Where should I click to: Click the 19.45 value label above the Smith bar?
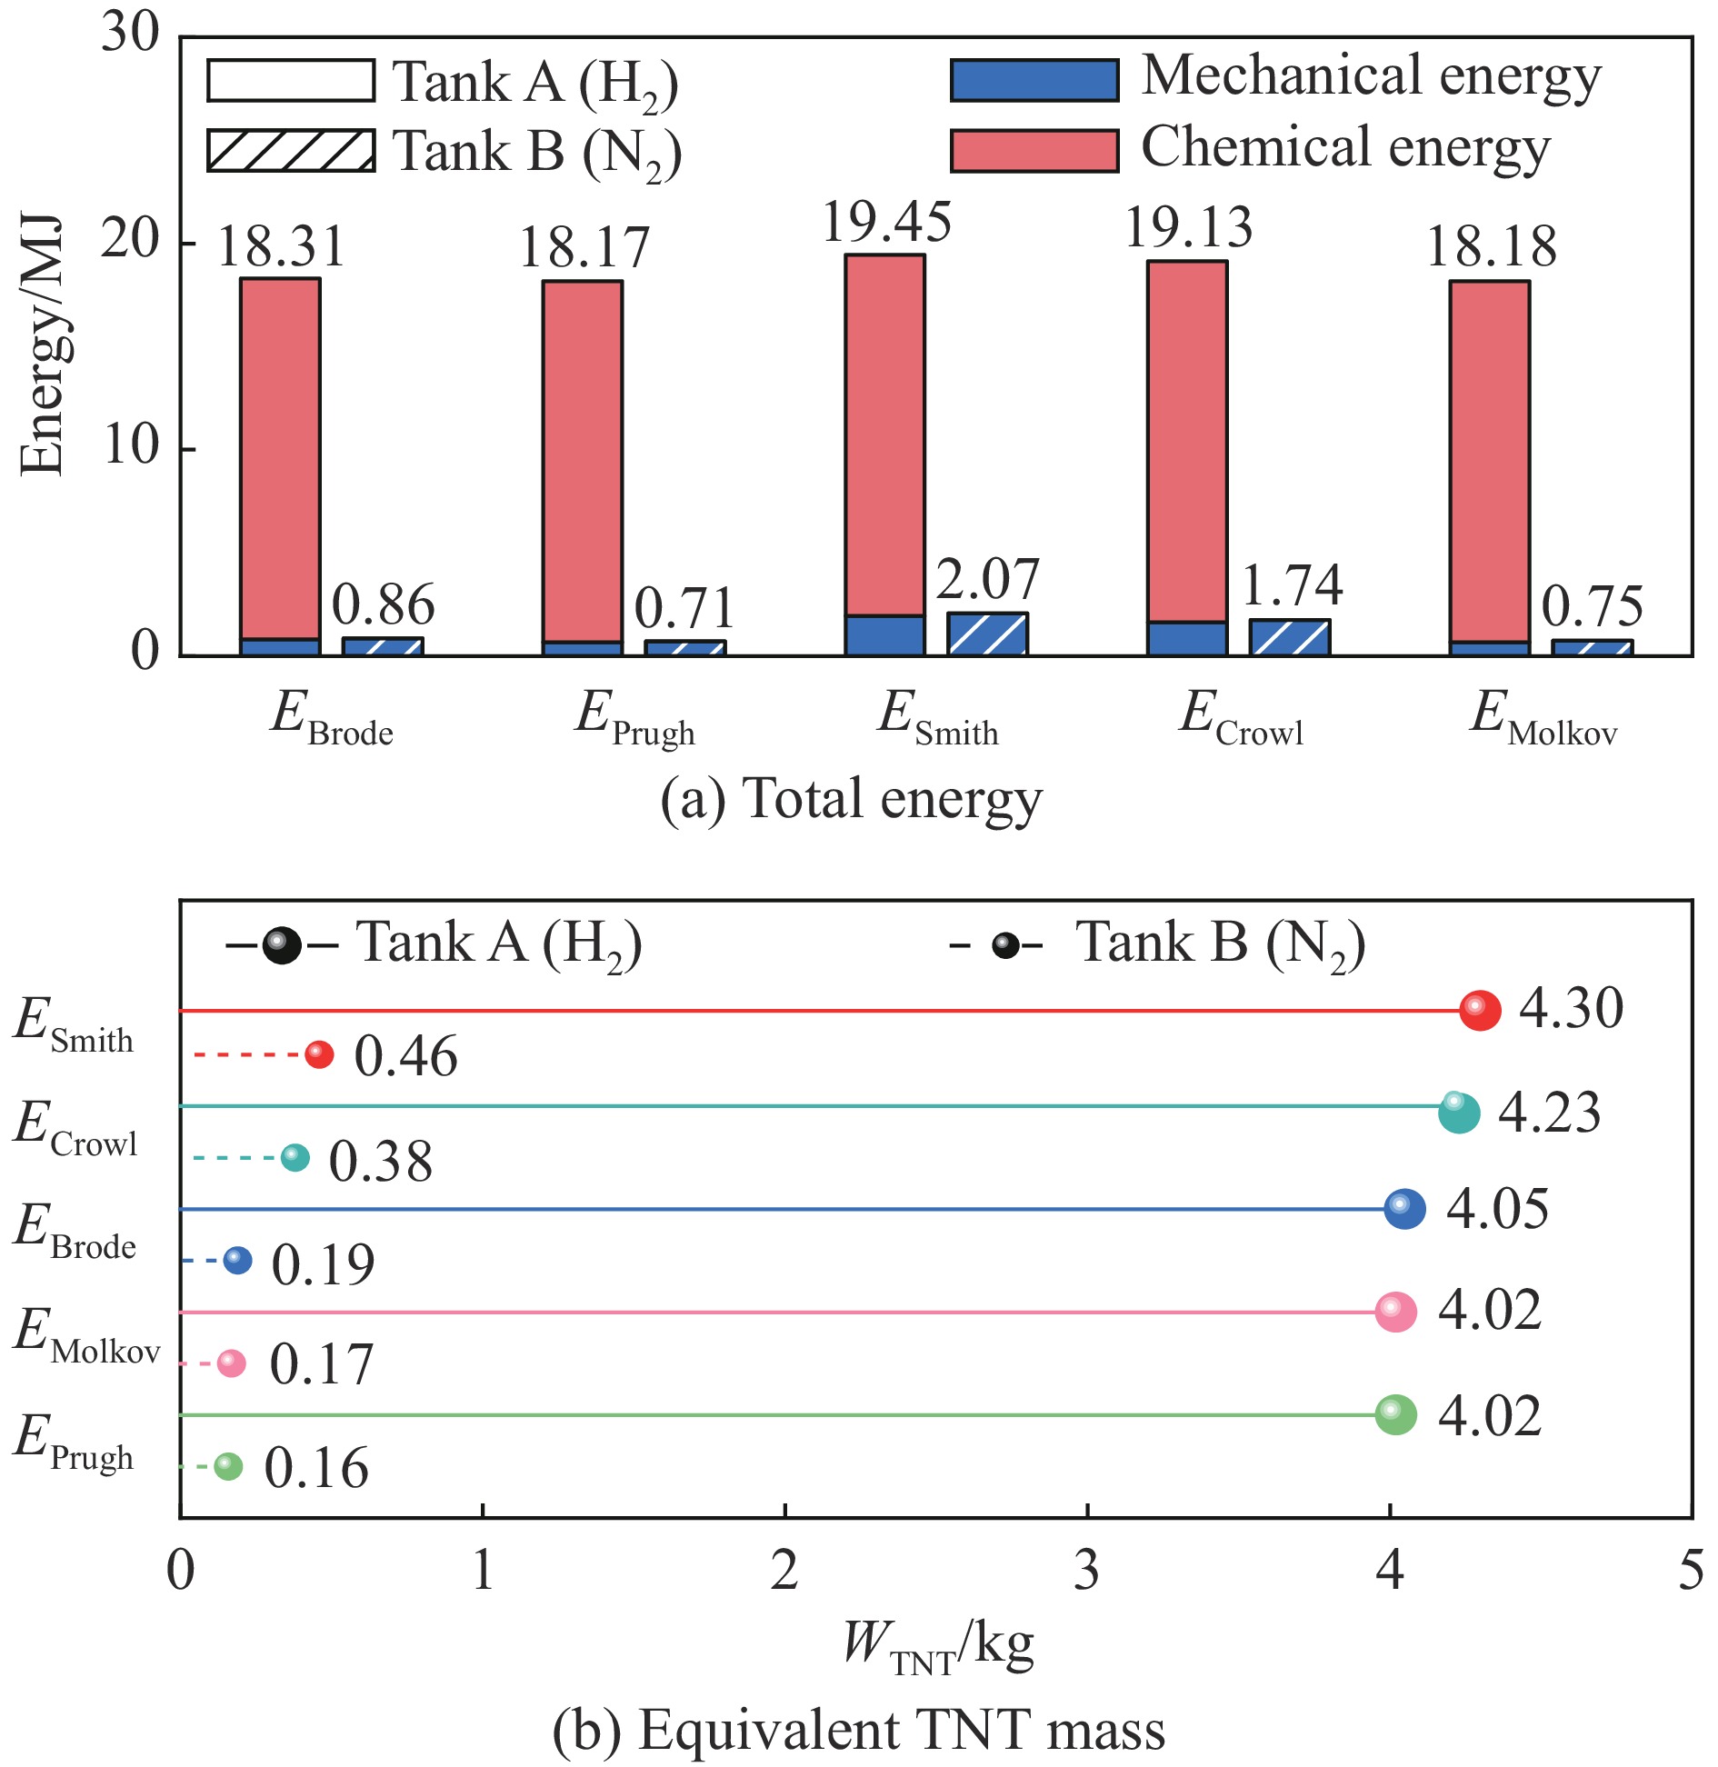886,223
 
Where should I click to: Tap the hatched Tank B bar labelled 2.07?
987,634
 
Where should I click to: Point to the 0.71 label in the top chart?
684,608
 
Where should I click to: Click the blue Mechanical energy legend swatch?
1034,80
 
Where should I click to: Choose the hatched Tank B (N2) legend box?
291,150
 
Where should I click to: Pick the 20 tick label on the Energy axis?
130,240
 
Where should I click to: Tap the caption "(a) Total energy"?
851,800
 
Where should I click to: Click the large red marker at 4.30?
1480,1010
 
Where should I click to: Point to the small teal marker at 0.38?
295,1158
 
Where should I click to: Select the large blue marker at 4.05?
1404,1209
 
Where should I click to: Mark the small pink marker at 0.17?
232,1363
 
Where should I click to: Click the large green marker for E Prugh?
1396,1414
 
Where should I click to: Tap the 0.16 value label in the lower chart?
316,1468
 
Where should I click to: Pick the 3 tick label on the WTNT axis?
1087,1571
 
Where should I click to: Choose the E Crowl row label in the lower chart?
75,1130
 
